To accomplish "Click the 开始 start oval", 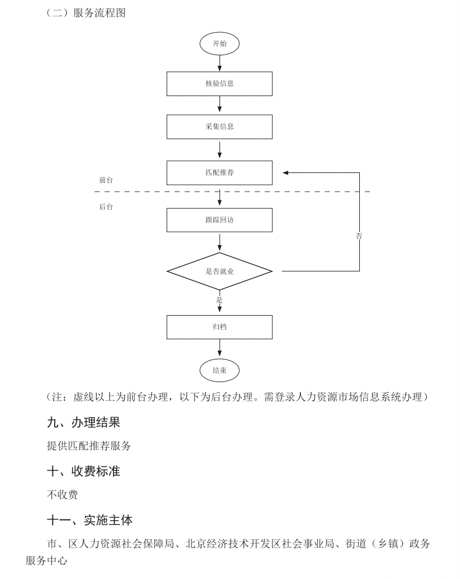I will (x=220, y=44).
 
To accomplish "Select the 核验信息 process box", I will (x=220, y=83).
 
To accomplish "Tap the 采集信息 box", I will (x=220, y=126).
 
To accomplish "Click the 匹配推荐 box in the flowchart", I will (x=220, y=172).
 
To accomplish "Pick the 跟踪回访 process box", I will (x=220, y=220).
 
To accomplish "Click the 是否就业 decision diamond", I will (x=220, y=271).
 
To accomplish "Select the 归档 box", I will (x=220, y=327).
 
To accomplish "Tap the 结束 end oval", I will (x=220, y=370).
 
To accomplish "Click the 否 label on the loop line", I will (x=359, y=236).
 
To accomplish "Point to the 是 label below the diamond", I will (x=220, y=300).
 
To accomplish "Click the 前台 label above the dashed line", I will (x=106, y=180).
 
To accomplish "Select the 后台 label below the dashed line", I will (x=106, y=207).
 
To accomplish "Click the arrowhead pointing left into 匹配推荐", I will (x=286, y=172).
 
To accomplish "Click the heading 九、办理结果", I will (x=83, y=422).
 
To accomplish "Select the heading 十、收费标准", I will (x=83, y=471).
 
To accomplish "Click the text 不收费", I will (x=62, y=495).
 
